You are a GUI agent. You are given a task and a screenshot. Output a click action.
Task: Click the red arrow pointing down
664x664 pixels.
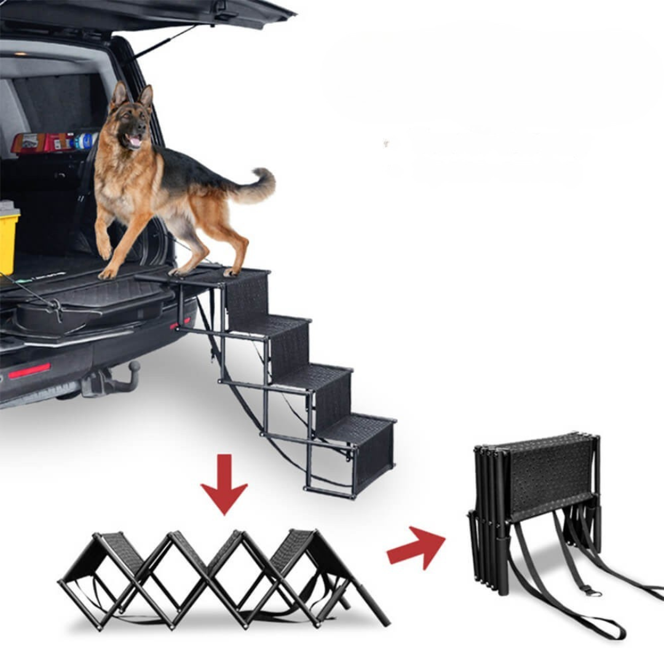(x=224, y=486)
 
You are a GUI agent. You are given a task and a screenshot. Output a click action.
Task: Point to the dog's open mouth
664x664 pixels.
(x=133, y=141)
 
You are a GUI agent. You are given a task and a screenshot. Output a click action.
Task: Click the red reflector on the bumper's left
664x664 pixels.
(x=29, y=371)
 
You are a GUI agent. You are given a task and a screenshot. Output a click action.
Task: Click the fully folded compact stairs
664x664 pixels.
(x=535, y=486)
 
